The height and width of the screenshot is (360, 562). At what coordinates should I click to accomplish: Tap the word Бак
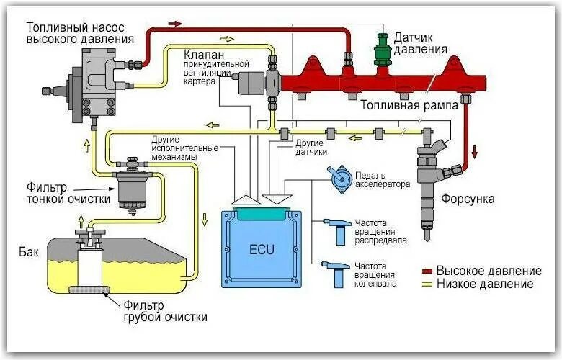pyautogui.click(x=28, y=253)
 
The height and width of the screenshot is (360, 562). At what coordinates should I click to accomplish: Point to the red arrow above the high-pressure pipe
pyautogui.click(x=174, y=24)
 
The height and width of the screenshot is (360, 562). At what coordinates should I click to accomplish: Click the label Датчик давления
pyautogui.click(x=421, y=42)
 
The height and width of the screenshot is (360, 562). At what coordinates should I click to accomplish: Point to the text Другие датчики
pyautogui.click(x=312, y=148)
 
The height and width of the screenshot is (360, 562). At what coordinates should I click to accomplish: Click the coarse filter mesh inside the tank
pyautogui.click(x=89, y=291)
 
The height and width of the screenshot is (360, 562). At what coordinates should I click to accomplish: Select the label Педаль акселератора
pyautogui.click(x=382, y=179)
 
